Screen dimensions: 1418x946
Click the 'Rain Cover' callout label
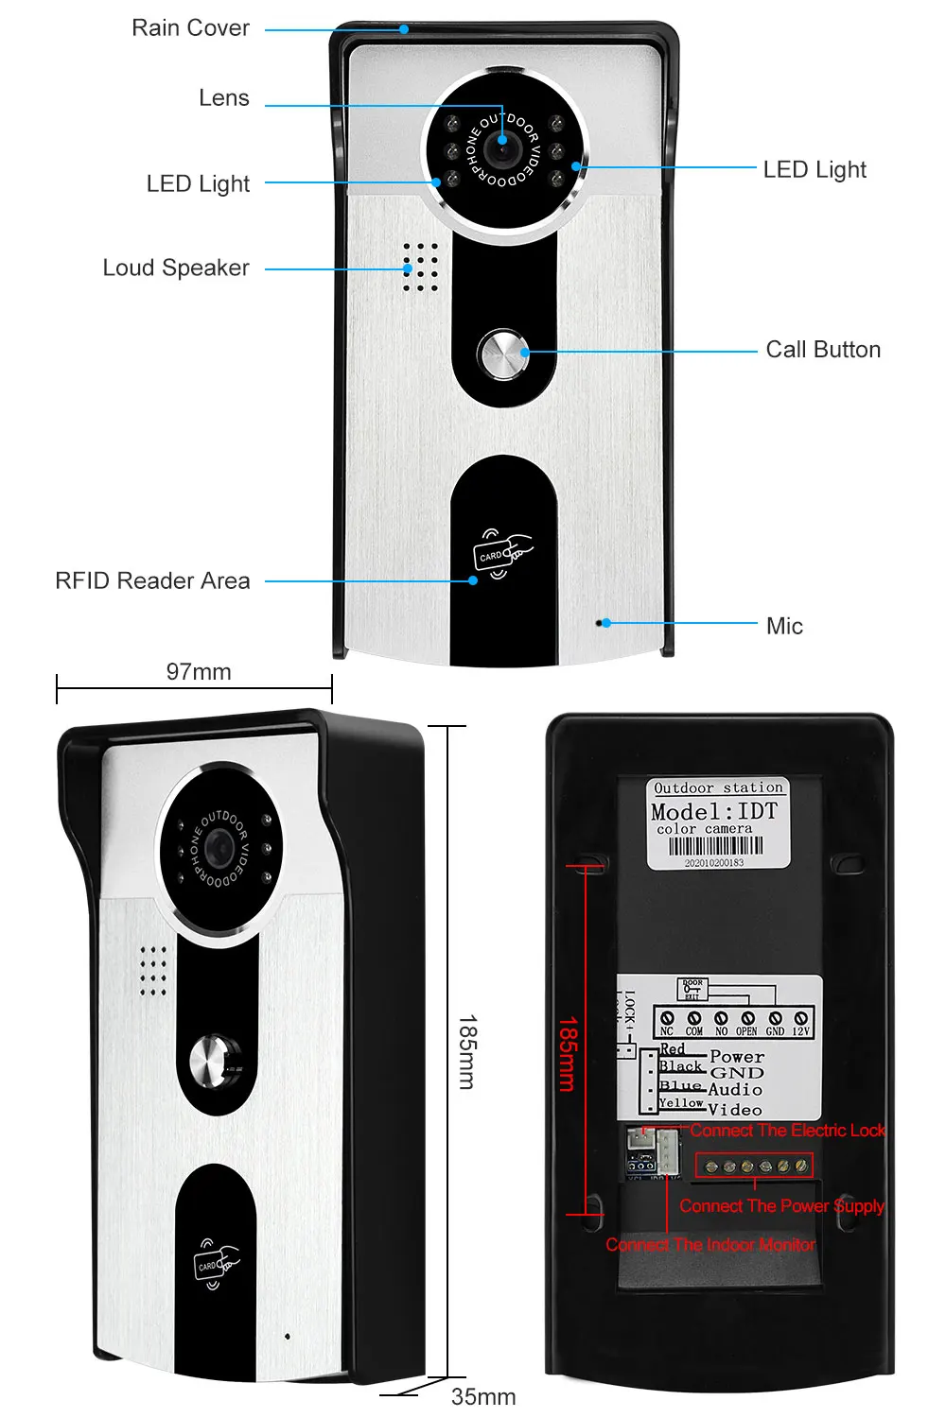pyautogui.click(x=190, y=28)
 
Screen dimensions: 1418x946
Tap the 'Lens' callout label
pyautogui.click(x=223, y=98)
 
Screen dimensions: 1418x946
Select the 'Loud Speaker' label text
pyautogui.click(x=176, y=268)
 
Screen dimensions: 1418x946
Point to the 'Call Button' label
pyautogui.click(x=823, y=350)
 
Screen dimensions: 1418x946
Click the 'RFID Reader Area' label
pyautogui.click(x=152, y=580)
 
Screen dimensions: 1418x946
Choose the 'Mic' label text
pyautogui.click(x=784, y=626)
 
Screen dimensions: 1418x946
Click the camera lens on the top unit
pyautogui.click(x=501, y=147)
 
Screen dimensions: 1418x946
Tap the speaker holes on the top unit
pyautogui.click(x=420, y=267)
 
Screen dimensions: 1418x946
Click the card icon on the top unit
pyautogui.click(x=501, y=554)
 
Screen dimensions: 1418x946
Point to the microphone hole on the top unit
pyautogui.click(x=598, y=623)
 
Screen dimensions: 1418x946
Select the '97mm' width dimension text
pyautogui.click(x=199, y=672)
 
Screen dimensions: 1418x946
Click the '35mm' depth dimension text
pyautogui.click(x=483, y=1396)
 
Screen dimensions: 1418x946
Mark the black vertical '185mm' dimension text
pyautogui.click(x=467, y=1052)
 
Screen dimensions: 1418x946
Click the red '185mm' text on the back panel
pyautogui.click(x=567, y=1054)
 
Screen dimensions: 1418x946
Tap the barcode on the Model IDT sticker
pyautogui.click(x=715, y=846)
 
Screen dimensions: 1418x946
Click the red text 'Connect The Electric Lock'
pyautogui.click(x=787, y=1131)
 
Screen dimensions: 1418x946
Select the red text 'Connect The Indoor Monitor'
pyautogui.click(x=710, y=1245)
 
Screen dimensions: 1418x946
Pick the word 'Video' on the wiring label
pyautogui.click(x=735, y=1110)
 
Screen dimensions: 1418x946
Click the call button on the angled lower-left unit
pyautogui.click(x=216, y=1064)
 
